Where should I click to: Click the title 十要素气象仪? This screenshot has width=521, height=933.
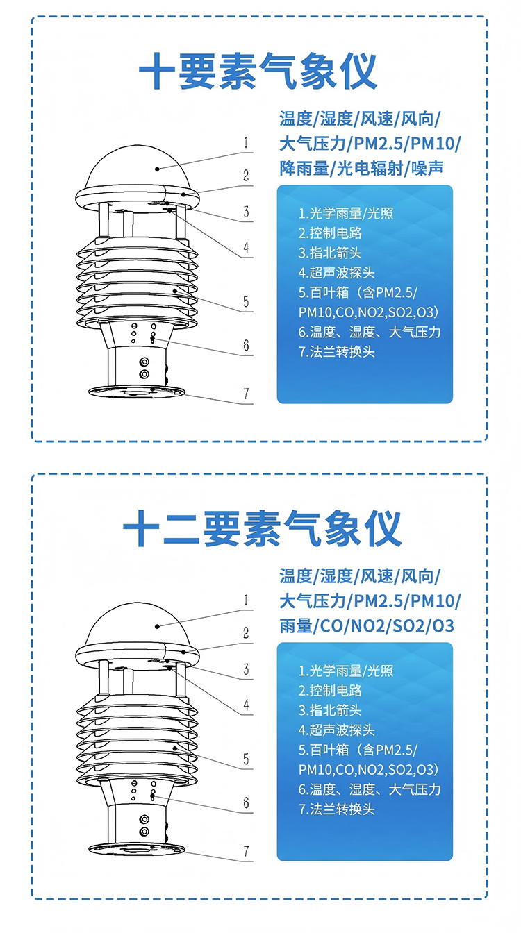(258, 72)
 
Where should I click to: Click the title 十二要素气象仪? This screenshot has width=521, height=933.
(262, 528)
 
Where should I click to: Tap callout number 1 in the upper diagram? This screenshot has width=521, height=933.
(246, 143)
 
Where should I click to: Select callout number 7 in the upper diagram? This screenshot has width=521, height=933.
(247, 394)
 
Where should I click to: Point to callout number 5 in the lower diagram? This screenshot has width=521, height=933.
(247, 759)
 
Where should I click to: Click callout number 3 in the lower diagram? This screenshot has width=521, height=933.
(247, 669)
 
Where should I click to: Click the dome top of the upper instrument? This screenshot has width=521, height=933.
(138, 167)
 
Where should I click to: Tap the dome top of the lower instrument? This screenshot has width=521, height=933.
(138, 624)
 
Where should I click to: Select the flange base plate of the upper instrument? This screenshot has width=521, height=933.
(136, 391)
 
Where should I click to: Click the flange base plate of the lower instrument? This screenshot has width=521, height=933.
(136, 848)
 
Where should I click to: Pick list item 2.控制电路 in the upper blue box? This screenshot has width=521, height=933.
(330, 233)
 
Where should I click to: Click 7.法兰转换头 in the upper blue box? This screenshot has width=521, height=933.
(337, 352)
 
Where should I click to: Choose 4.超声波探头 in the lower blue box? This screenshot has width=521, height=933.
(337, 730)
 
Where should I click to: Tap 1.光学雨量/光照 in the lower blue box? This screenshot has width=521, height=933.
(346, 671)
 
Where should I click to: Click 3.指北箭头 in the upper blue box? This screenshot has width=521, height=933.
(330, 253)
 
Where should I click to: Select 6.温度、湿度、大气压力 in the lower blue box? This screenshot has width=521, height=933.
(370, 790)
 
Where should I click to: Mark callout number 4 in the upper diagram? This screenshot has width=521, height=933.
(247, 247)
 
